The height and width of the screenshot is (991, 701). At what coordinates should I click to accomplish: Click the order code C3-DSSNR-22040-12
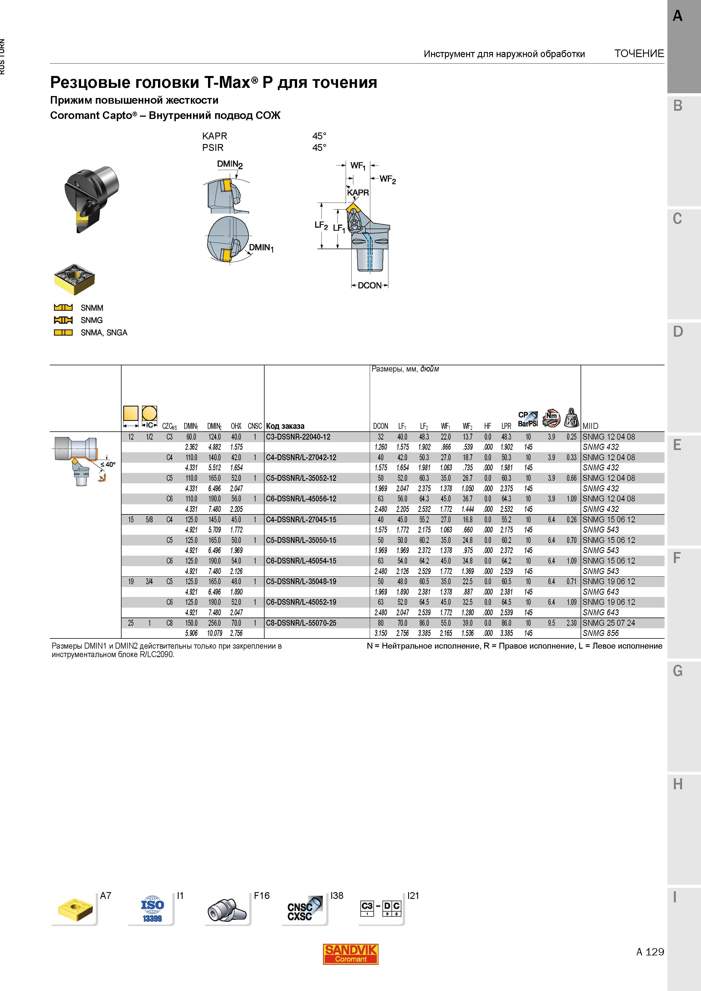298,437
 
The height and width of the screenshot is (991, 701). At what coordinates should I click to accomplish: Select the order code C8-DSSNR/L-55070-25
301,623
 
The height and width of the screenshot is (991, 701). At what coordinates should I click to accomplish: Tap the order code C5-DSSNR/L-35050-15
301,540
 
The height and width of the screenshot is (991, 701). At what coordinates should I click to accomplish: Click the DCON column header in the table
380,426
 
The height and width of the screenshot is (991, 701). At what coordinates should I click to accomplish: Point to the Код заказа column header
285,426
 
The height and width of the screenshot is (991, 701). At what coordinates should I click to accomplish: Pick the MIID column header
590,426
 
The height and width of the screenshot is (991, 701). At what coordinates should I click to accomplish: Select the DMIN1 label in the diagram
261,248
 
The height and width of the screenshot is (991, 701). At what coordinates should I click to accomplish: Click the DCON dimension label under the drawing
370,285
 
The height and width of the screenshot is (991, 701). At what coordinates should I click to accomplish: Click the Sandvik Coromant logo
351,954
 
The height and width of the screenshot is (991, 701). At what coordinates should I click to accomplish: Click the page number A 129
650,952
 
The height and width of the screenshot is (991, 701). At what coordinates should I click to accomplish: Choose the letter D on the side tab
678,331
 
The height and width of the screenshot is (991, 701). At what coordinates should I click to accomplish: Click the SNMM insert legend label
92,308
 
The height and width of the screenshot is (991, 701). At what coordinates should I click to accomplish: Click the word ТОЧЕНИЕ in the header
639,53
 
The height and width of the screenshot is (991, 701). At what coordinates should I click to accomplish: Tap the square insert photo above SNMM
74,279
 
